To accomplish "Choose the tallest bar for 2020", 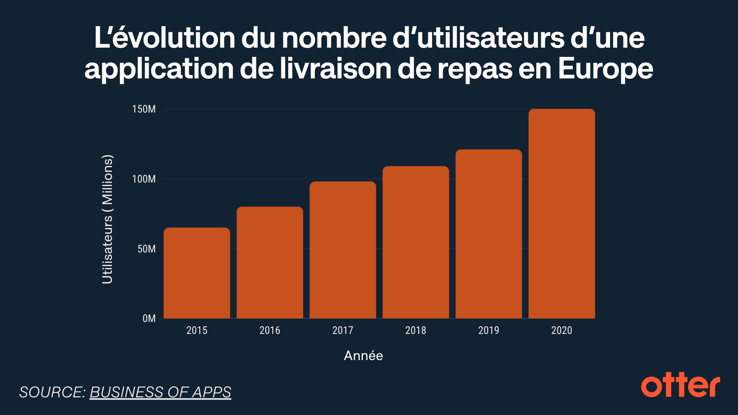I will pyautogui.click(x=562, y=214).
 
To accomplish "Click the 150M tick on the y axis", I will pyautogui.click(x=144, y=109).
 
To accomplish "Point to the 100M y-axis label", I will pyautogui.click(x=144, y=179).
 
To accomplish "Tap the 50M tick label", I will pyautogui.click(x=146, y=249).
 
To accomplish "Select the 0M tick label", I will pyautogui.click(x=149, y=319).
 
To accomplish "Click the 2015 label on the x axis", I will pyautogui.click(x=197, y=330).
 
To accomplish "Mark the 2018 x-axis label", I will pyautogui.click(x=416, y=330).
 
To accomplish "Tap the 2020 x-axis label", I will pyautogui.click(x=562, y=330).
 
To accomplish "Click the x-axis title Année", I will pyautogui.click(x=363, y=355).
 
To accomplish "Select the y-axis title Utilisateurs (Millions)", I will pyautogui.click(x=107, y=219).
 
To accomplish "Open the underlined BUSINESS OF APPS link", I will pyautogui.click(x=160, y=392).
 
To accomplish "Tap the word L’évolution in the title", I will pyautogui.click(x=165, y=38).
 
